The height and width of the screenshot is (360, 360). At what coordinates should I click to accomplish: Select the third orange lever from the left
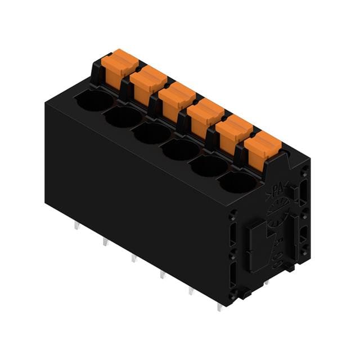176,100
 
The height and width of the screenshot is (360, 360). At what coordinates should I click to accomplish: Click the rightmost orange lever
262,147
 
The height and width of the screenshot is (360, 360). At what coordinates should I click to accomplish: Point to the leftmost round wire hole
94,101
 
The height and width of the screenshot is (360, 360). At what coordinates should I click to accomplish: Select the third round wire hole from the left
151,133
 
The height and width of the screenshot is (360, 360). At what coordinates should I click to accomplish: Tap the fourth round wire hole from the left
180,150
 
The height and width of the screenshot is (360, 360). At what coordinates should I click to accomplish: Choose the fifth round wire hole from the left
209,166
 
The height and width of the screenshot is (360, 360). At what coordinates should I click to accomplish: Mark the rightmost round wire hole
237,182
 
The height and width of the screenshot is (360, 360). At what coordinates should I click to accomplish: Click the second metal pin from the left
105,243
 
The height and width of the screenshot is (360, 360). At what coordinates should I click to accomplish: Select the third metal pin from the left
133,258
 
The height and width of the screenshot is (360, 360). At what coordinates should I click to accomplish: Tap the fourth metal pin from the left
162,274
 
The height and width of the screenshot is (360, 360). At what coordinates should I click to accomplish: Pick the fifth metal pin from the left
190,290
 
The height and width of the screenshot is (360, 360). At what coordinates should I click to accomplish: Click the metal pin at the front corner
219,307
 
